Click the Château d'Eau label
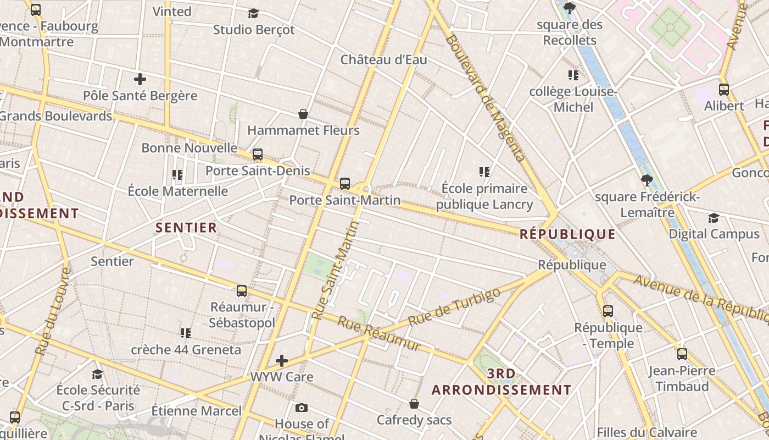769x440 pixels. pos(383,59)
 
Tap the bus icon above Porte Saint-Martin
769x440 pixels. pos(345,184)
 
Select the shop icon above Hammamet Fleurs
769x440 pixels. pos(303,114)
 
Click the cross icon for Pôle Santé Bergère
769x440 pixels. pos(140,79)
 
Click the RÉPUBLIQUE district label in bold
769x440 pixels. pos(567,234)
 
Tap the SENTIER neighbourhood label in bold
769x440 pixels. pos(186,228)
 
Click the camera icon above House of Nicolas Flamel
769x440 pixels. pos(301,408)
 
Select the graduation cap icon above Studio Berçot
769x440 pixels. pos(253,13)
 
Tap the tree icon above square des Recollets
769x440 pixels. pos(570,8)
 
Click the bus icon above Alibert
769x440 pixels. pos(724,89)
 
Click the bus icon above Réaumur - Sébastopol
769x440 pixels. pos(242,291)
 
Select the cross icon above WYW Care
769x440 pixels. pos(282,361)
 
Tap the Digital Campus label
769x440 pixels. pos(714,234)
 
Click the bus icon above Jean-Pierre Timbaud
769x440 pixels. pos(682,354)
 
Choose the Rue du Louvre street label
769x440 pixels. pos(53,311)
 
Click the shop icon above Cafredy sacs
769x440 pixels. pos(414,404)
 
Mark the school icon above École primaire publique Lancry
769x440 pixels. pos(484,172)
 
